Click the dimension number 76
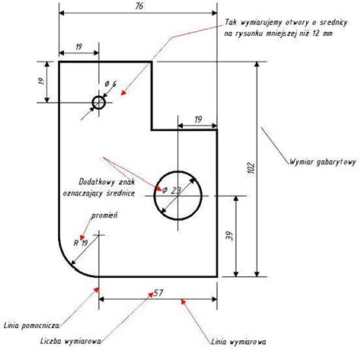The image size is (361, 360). pos(139,6)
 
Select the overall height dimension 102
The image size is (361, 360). pos(251,167)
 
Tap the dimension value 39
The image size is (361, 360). pos(230,236)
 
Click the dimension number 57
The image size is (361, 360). pos(158,293)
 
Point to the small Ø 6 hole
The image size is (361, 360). pos(99,103)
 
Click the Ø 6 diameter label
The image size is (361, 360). pos(110,84)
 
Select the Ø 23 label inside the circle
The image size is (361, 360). pos(172,190)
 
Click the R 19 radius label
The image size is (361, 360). pos(81,243)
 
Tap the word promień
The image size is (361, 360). pos(104,215)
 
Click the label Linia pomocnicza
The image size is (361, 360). pos(32,326)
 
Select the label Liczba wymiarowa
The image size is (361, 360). pos(71,341)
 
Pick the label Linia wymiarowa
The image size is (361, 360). pos(238,342)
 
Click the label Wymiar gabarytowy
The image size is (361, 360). pos(323,162)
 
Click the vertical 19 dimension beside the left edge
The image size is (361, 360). pos(41,81)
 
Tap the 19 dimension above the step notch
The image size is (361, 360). pos(198,119)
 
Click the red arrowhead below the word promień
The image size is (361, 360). pos(82,237)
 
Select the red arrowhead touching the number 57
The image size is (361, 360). pos(151,295)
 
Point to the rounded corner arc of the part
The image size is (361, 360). pos(71,265)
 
